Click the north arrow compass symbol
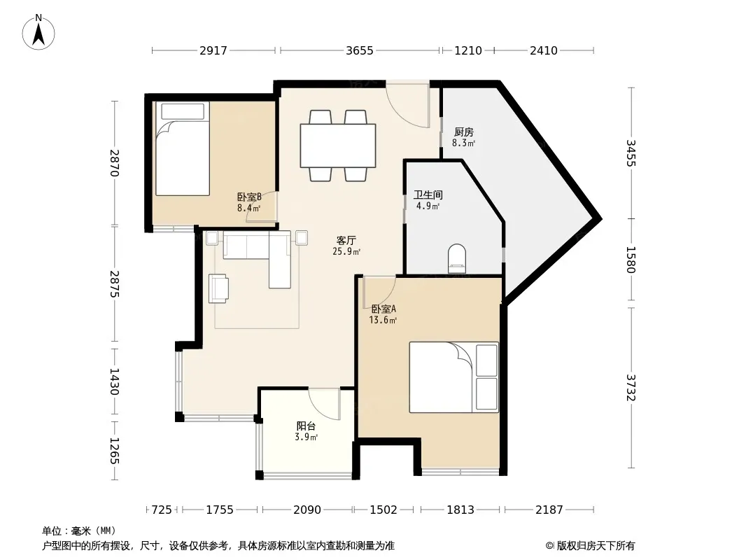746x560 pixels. coord(38,32)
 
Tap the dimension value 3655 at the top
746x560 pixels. coord(360,50)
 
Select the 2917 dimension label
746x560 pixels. coord(213,50)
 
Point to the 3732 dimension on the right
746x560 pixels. coord(631,387)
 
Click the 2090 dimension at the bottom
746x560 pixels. coord(307,510)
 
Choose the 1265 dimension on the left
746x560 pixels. coord(114,451)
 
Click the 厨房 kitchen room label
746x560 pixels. coord(463,132)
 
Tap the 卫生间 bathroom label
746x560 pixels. coord(428,195)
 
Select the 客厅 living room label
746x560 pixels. coord(346,240)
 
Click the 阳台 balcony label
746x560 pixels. coord(306,426)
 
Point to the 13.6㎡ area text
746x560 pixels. coord(383,320)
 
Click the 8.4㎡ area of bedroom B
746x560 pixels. coord(249,208)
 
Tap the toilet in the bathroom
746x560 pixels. coord(457,258)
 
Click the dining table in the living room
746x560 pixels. coord(338,146)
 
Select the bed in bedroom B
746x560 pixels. coord(183,148)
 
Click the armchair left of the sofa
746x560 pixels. coord(218,288)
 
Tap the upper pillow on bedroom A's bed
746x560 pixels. coord(486,360)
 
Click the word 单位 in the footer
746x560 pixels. coord(52,531)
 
